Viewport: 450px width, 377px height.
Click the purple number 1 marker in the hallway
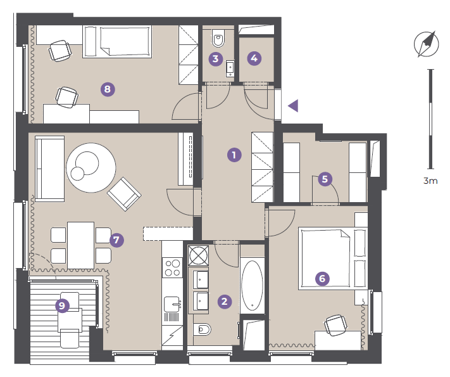pyautogui.click(x=234, y=155)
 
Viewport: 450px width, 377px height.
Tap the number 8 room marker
pyautogui.click(x=108, y=89)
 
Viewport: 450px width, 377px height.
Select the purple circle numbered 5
pyautogui.click(x=325, y=179)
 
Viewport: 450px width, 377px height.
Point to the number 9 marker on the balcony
pyautogui.click(x=62, y=305)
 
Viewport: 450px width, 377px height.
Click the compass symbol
pyautogui.click(x=426, y=44)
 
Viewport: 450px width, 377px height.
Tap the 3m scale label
pyautogui.click(x=430, y=181)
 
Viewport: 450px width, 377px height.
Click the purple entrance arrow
pyautogui.click(x=293, y=106)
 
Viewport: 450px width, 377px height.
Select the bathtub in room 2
pyautogui.click(x=253, y=286)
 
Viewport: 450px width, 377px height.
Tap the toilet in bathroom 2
pyautogui.click(x=202, y=329)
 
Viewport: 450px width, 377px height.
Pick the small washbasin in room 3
pyautogui.click(x=230, y=68)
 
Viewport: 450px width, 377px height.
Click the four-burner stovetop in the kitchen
pyautogui.click(x=172, y=268)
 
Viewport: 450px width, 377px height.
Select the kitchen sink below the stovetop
pyautogui.click(x=172, y=304)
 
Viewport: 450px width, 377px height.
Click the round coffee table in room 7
pyautogui.click(x=91, y=167)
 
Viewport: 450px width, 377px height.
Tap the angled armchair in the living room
pyautogui.click(x=124, y=194)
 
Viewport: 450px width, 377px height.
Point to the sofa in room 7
pyautogui.click(x=49, y=169)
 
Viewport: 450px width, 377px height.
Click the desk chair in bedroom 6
pyautogui.click(x=335, y=325)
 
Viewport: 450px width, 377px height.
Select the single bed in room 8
pyautogui.click(x=117, y=42)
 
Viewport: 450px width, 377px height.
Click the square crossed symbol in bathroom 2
pyautogui.click(x=198, y=255)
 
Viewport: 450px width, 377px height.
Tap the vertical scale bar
pyautogui.click(x=430, y=119)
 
